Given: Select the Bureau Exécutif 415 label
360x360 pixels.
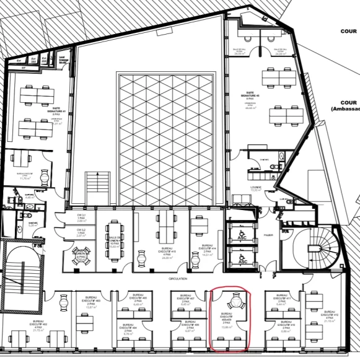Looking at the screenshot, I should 151,252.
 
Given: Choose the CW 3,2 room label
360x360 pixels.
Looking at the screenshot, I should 80,232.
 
